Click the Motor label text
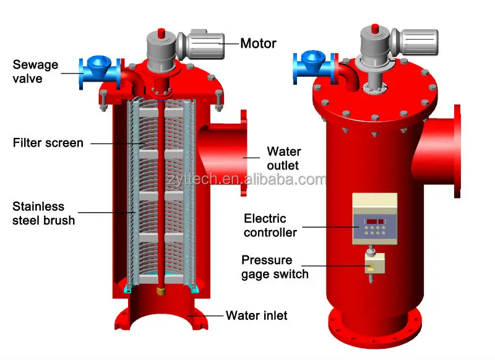point(258,43)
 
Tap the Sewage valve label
point(35,72)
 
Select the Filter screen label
point(48,143)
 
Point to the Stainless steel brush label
point(43,213)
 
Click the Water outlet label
point(283,158)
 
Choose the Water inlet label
point(256,315)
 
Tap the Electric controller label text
point(270,226)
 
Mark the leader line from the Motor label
point(230,43)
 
